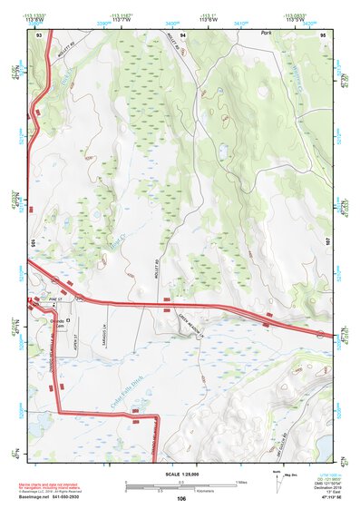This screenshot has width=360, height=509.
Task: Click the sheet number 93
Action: coord(39,34)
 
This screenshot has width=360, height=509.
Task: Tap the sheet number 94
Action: coord(182,34)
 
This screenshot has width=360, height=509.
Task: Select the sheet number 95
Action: coord(323,34)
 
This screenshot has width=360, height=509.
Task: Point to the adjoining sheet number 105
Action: coord(32,244)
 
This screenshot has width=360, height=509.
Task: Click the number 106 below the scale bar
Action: coord(181,499)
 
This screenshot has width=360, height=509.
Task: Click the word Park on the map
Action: coord(266,33)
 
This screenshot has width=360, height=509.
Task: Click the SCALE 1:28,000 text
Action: coord(181,474)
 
